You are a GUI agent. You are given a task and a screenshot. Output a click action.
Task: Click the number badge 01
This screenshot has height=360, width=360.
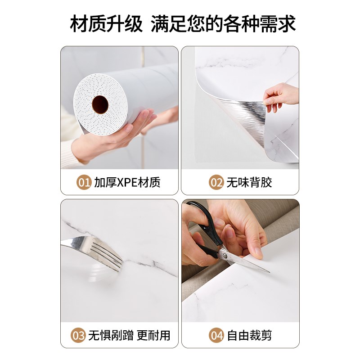(x=84, y=182)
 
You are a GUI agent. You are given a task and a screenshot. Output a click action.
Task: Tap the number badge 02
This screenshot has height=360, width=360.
(x=216, y=182)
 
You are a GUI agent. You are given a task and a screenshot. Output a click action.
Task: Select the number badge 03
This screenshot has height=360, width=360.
(x=79, y=335)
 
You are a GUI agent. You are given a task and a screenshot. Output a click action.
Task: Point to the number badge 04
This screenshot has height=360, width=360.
(x=216, y=335)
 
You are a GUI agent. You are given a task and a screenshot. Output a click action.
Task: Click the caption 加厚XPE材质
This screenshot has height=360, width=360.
(x=127, y=182)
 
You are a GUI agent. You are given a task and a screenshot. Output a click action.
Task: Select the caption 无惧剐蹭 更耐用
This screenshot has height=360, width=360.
(x=129, y=335)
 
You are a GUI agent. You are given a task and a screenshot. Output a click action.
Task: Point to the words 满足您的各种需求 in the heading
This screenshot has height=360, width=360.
(x=223, y=23)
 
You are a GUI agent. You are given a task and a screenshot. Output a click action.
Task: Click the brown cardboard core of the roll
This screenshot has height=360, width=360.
(x=100, y=105)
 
